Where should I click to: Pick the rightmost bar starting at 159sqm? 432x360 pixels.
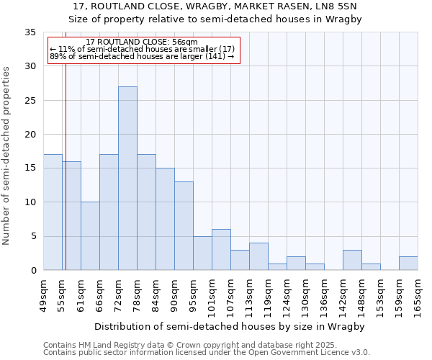pyautogui.click(x=408, y=264)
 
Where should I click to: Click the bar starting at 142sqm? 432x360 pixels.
pyautogui.click(x=352, y=260)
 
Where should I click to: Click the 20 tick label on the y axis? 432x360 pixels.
pyautogui.click(x=30, y=134)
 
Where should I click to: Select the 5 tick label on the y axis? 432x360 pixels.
pyautogui.click(x=33, y=236)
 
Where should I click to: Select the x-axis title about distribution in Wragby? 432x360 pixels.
pyautogui.click(x=229, y=326)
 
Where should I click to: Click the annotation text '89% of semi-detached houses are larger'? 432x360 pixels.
pyautogui.click(x=142, y=57)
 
